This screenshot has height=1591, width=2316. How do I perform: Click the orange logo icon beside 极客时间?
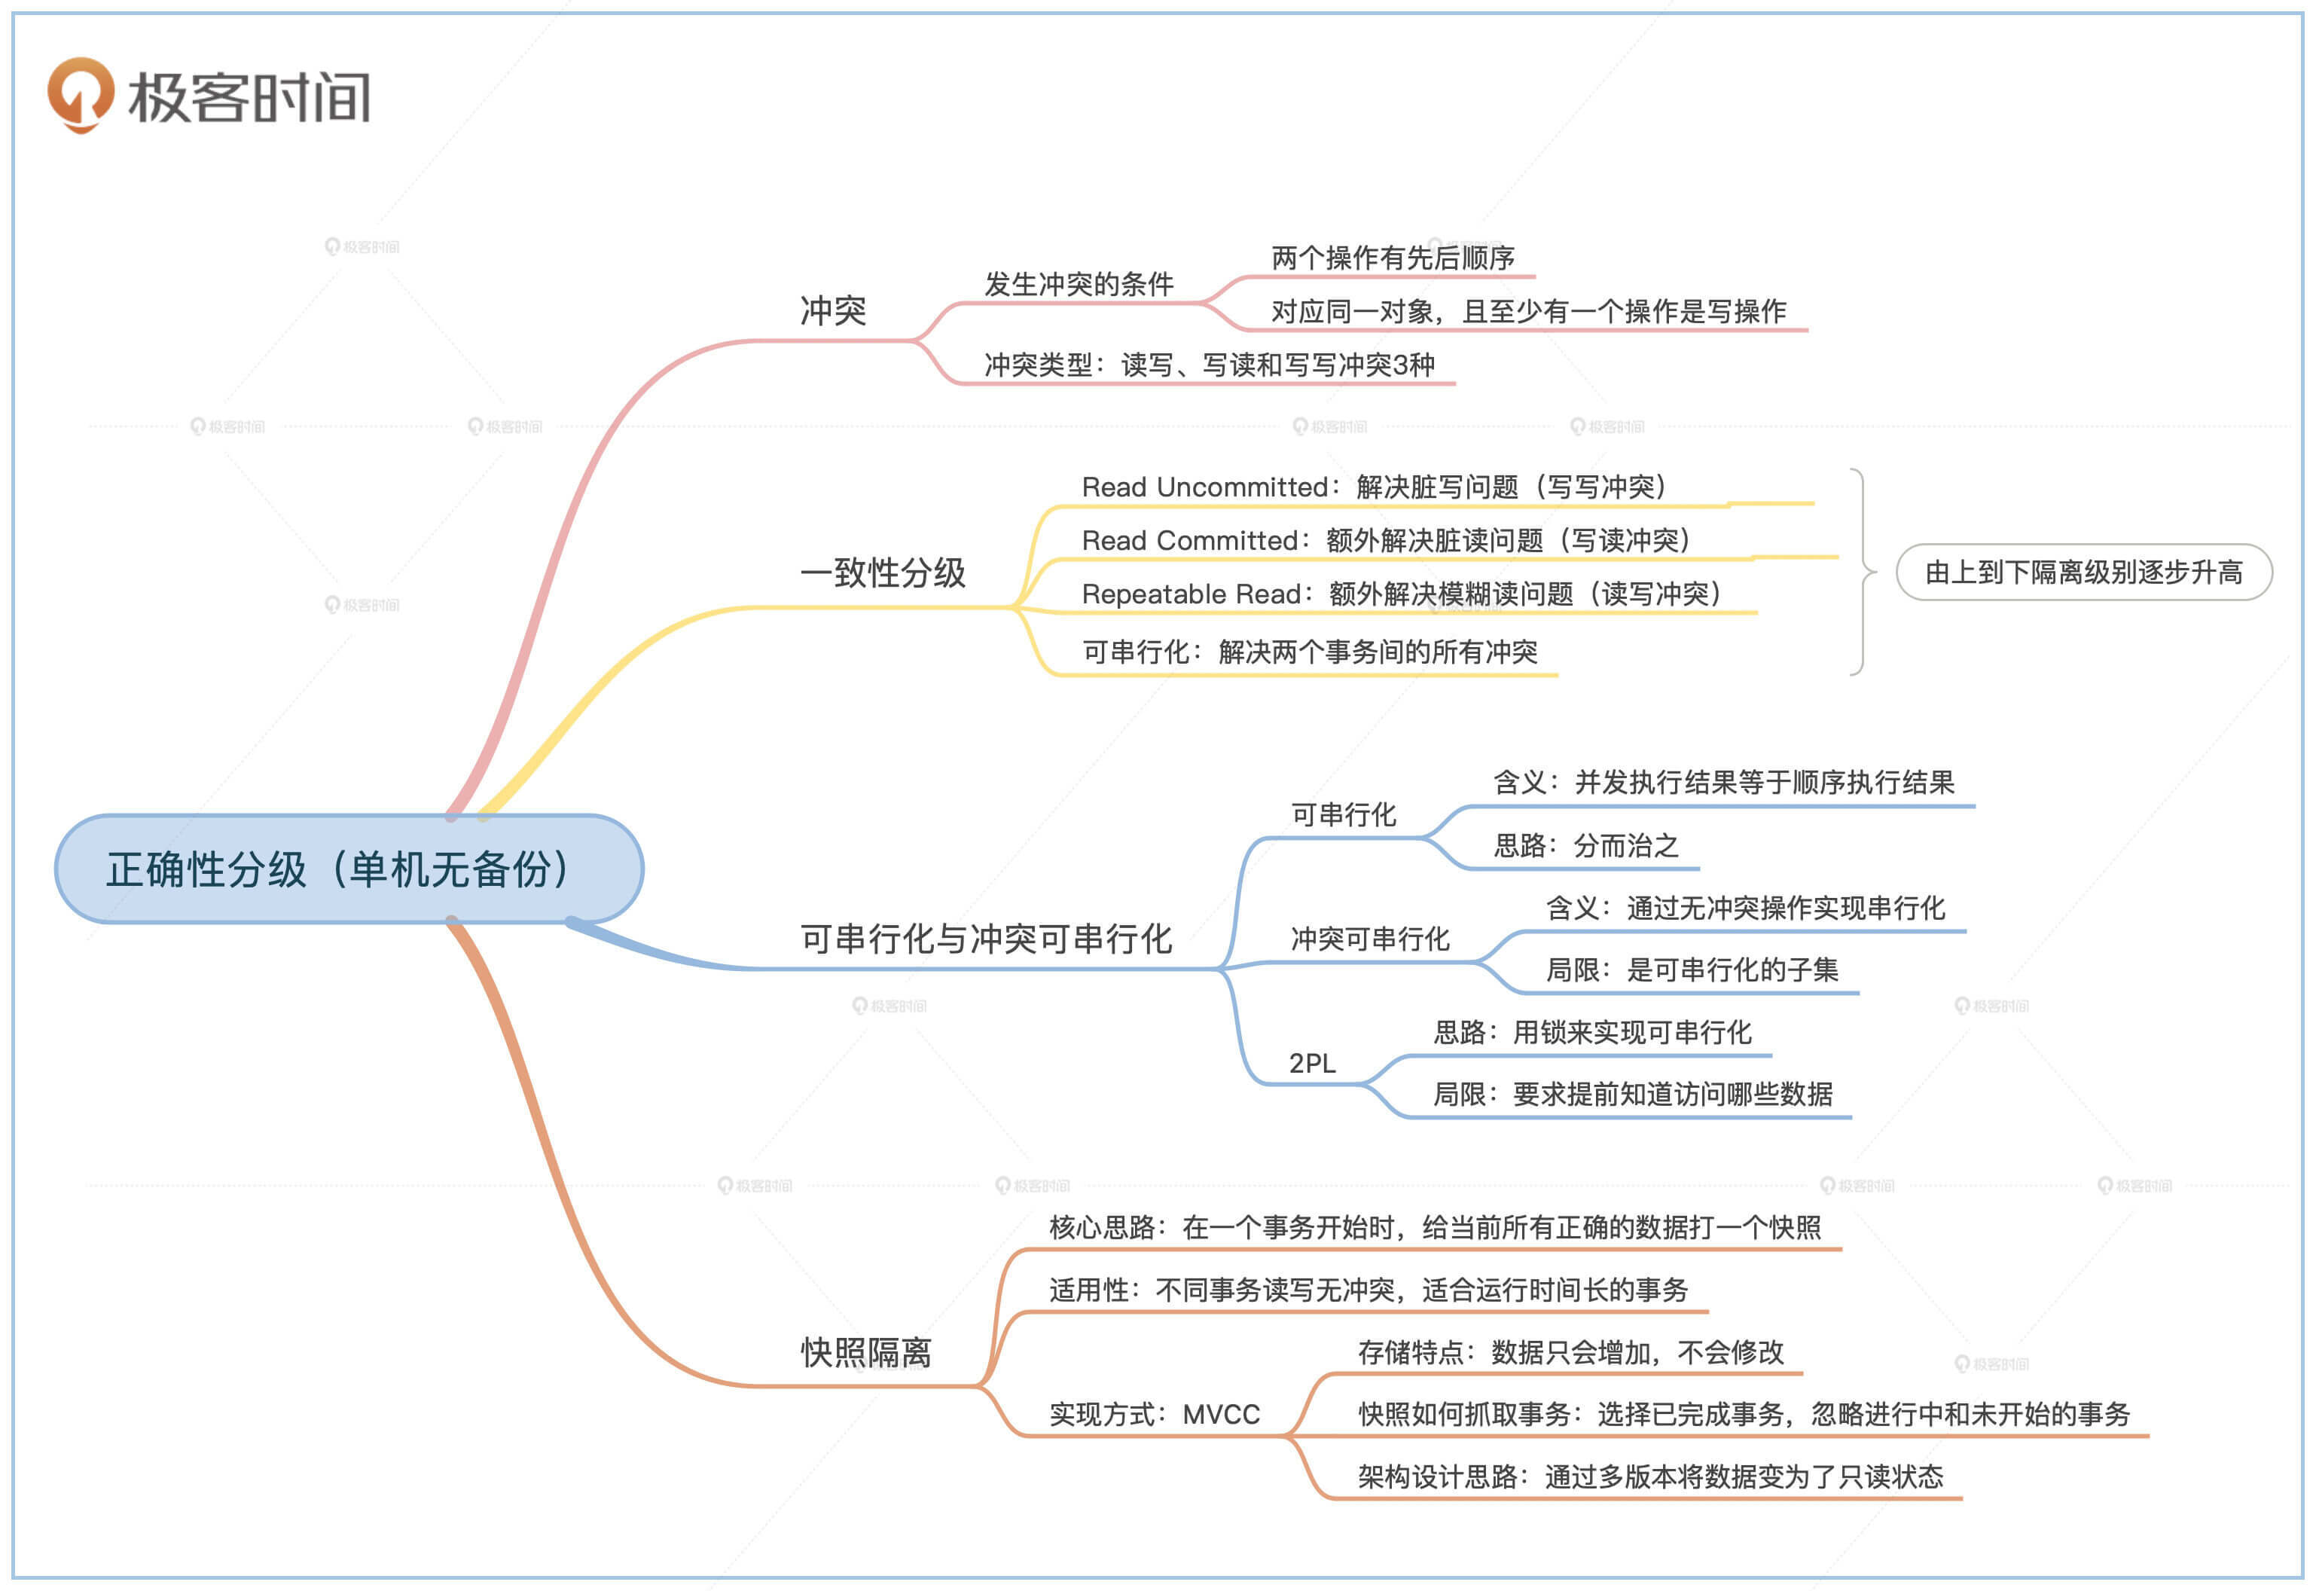pyautogui.click(x=80, y=95)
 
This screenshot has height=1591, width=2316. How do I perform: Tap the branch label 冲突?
pyautogui.click(x=833, y=310)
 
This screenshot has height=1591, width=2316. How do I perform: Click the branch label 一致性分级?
pyautogui.click(x=883, y=573)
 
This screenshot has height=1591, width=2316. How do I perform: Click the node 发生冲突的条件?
pyautogui.click(x=1079, y=284)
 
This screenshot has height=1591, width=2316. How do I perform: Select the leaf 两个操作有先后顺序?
pyautogui.click(x=1392, y=258)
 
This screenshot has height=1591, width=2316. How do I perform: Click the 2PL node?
pyautogui.click(x=1311, y=1064)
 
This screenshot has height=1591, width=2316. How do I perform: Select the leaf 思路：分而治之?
pyautogui.click(x=1585, y=845)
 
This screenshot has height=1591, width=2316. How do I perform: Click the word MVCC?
pyautogui.click(x=1221, y=1415)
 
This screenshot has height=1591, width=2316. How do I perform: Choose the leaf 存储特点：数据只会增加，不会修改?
pyautogui.click(x=1570, y=1353)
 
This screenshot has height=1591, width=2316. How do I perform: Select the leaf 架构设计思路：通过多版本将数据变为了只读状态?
pyautogui.click(x=1649, y=1476)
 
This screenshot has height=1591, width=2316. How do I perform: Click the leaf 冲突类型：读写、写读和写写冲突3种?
pyautogui.click(x=1209, y=365)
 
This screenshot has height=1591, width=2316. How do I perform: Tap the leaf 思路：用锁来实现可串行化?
pyautogui.click(x=1591, y=1032)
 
